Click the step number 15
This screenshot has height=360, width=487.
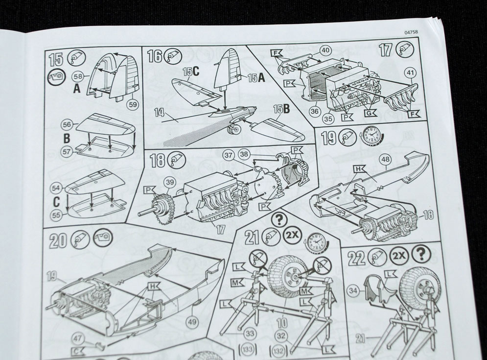pyautogui.click(x=56, y=59)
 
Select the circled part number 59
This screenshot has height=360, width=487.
pyautogui.click(x=133, y=104)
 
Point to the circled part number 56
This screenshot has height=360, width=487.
pyautogui.click(x=67, y=125)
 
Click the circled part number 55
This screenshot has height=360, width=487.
pyautogui.click(x=56, y=215)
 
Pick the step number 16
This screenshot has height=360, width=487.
pyautogui.click(x=155, y=57)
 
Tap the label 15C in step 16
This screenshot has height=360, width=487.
pyautogui.click(x=191, y=72)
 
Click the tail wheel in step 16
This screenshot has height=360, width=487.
pyautogui.click(x=233, y=129)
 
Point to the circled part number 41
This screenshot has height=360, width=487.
pyautogui.click(x=411, y=73)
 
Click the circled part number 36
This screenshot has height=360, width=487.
pyautogui.click(x=314, y=111)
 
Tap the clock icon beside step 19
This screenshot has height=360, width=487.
pyautogui.click(x=371, y=136)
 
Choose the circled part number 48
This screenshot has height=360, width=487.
pyautogui.click(x=386, y=160)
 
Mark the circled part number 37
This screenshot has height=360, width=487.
pyautogui.click(x=229, y=155)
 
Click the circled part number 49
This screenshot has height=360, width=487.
pyautogui.click(x=192, y=321)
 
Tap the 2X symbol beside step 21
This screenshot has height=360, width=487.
pyautogui.click(x=293, y=235)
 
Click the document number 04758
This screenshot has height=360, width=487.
pyautogui.click(x=411, y=32)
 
